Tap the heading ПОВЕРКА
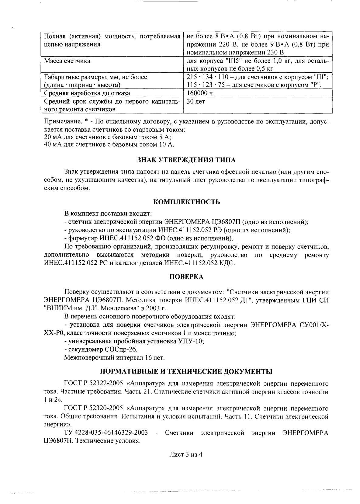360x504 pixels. [186, 277]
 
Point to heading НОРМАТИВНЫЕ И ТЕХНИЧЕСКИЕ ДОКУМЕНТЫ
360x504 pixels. [186, 371]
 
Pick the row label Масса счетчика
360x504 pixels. [67, 61]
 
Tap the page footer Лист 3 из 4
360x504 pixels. [186, 454]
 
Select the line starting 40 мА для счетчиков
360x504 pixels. [109, 144]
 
